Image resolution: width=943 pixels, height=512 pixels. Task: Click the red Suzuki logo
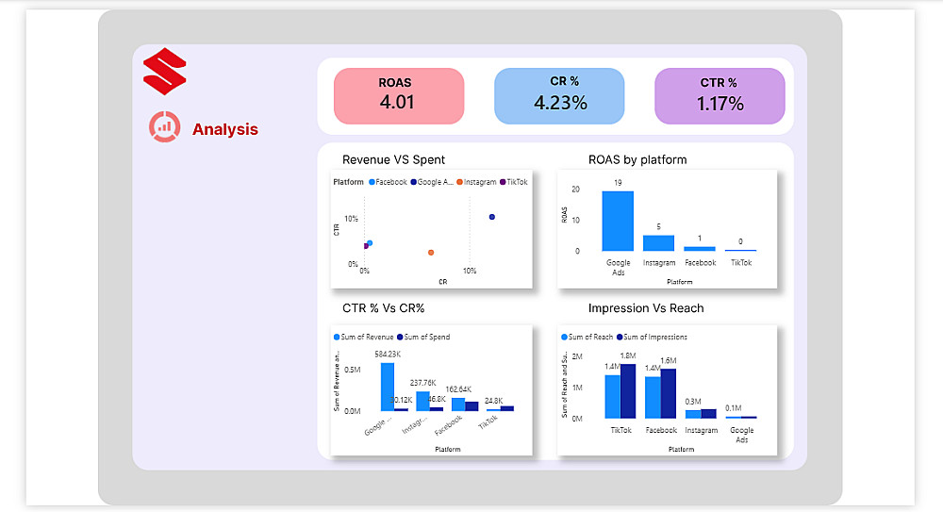[x=165, y=72]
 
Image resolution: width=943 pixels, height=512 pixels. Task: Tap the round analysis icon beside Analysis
[x=165, y=127]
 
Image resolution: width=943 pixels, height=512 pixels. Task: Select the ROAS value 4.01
[x=397, y=102]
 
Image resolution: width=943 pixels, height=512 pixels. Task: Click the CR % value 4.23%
[x=560, y=103]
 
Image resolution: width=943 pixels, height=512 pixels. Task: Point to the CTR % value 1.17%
[x=720, y=104]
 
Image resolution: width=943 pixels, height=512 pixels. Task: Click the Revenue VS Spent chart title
[x=393, y=159]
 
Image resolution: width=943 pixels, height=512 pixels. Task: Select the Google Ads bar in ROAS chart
[x=618, y=221]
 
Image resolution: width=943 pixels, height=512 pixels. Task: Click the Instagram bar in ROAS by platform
[x=658, y=242]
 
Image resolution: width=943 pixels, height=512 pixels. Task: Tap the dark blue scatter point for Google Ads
[x=492, y=218]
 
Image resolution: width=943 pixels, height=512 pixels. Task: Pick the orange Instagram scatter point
[x=431, y=253]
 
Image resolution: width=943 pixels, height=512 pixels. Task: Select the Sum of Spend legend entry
[x=422, y=337]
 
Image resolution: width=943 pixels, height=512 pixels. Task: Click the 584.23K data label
[x=388, y=355]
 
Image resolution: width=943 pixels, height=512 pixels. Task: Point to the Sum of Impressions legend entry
[x=655, y=337]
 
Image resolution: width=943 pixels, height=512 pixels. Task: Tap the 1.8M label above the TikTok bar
[x=628, y=355]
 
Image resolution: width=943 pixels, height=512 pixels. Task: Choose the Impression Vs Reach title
[x=645, y=308]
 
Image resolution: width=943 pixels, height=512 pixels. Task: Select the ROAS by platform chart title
[x=637, y=159]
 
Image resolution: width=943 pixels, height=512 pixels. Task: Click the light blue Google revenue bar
[x=387, y=387]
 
